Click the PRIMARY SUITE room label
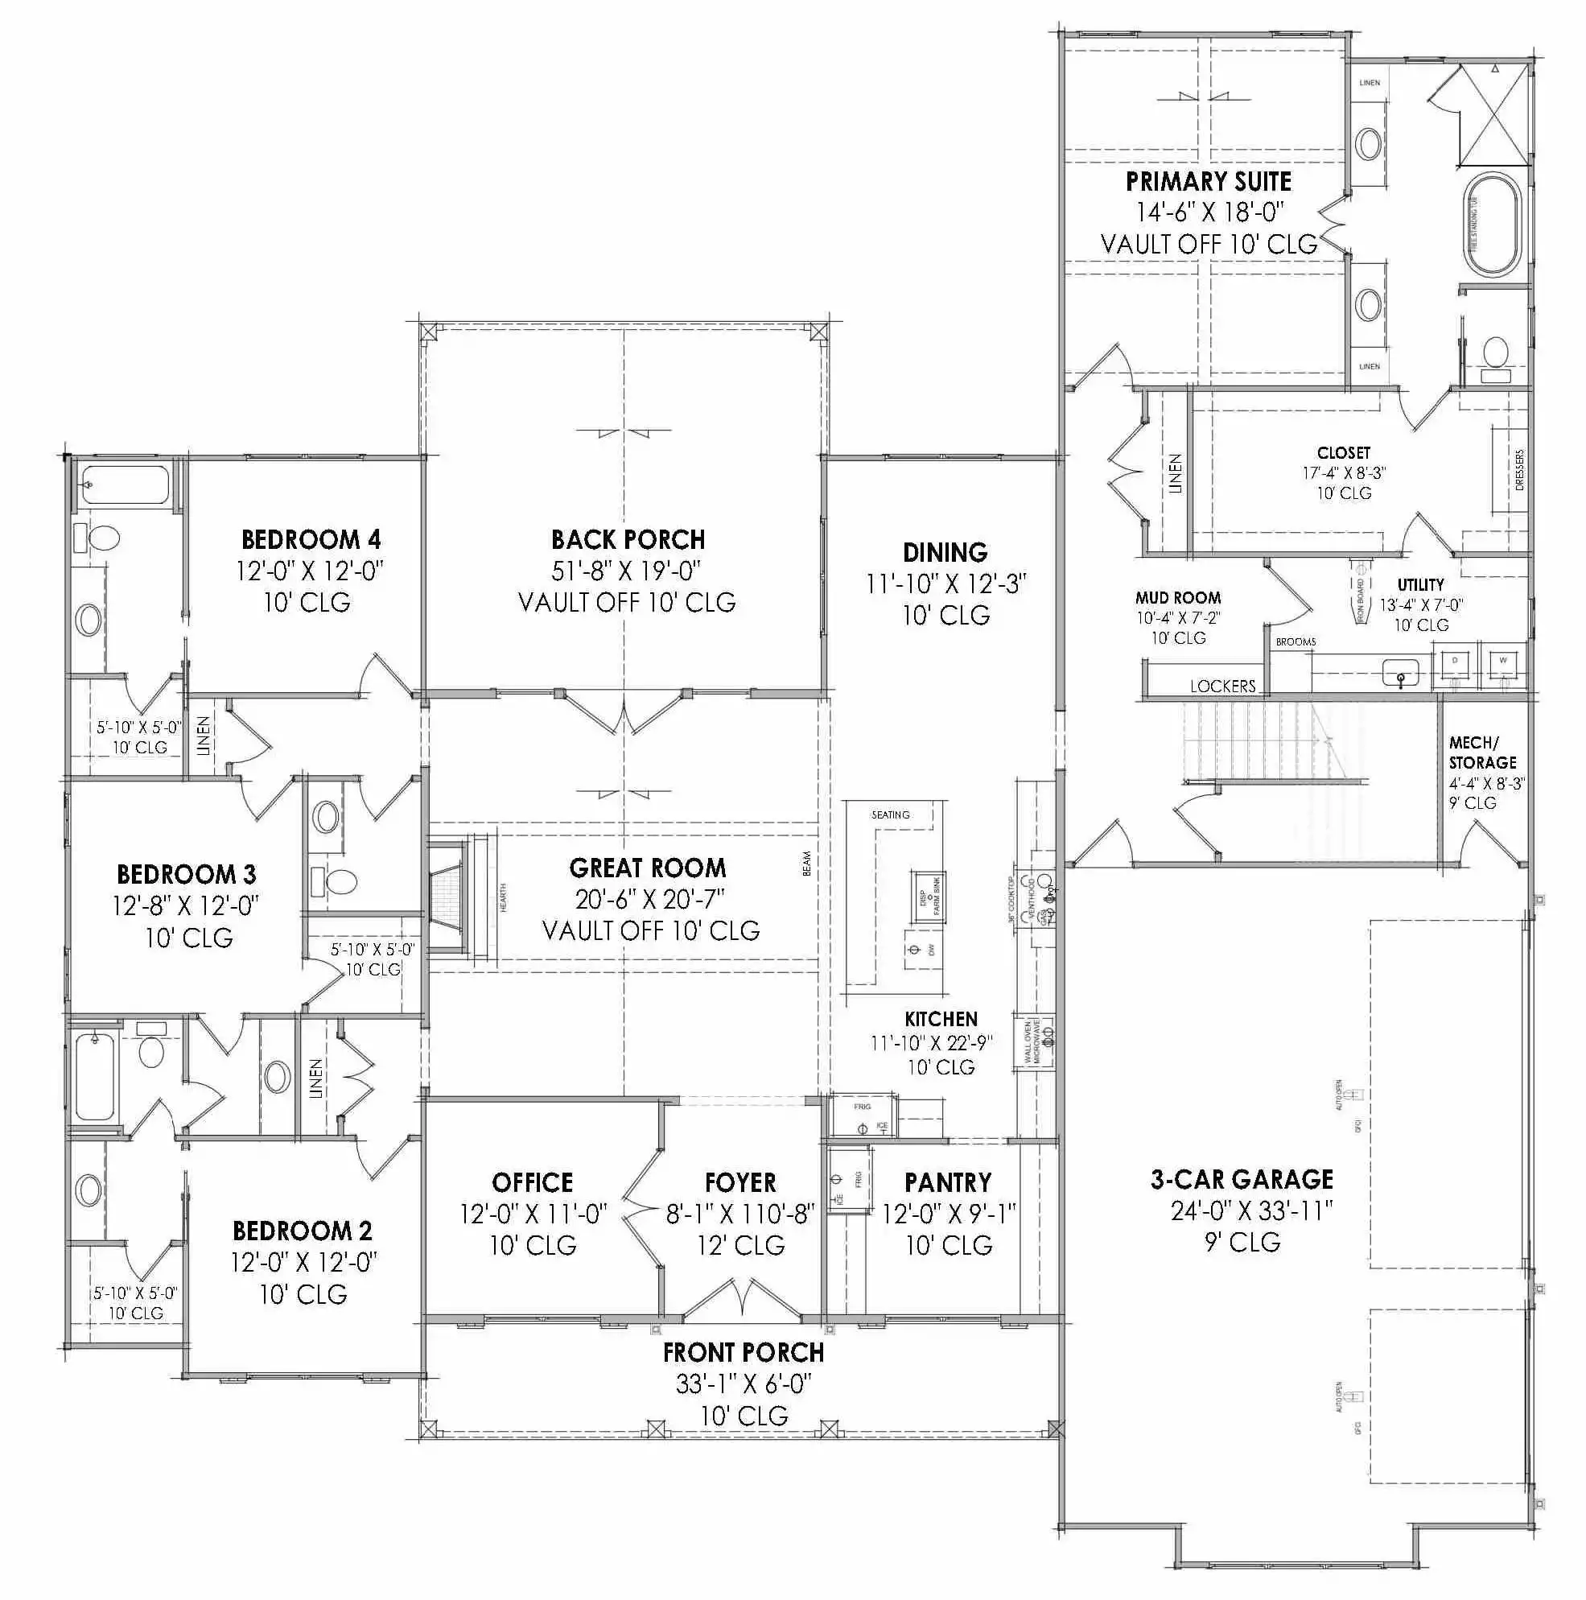pyautogui.click(x=1209, y=182)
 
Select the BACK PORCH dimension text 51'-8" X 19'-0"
pyautogui.click(x=627, y=571)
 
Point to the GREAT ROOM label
pyautogui.click(x=648, y=868)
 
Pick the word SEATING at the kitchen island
pyautogui.click(x=890, y=816)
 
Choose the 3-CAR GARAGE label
pyautogui.click(x=1242, y=1179)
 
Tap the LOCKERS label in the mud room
pyautogui.click(x=1222, y=687)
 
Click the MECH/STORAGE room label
pyautogui.click(x=1481, y=753)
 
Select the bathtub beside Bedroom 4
pyautogui.click(x=125, y=485)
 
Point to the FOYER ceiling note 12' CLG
pyautogui.click(x=740, y=1246)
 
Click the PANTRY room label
pyautogui.click(x=947, y=1182)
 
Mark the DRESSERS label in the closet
pyautogui.click(x=1519, y=470)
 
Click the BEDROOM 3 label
pyautogui.click(x=187, y=875)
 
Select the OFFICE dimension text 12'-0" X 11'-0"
pyautogui.click(x=533, y=1214)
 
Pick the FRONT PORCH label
pyautogui.click(x=743, y=1353)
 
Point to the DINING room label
pyautogui.click(x=945, y=552)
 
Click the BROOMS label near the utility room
pyautogui.click(x=1296, y=641)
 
